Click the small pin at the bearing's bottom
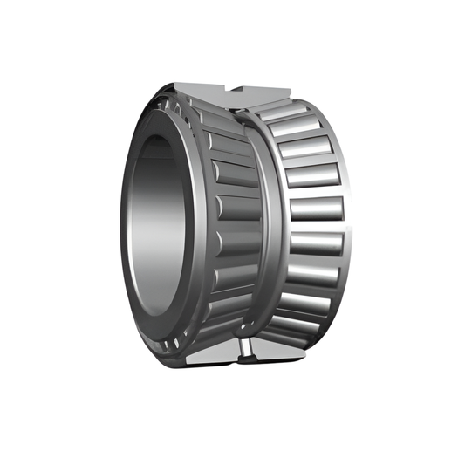246,350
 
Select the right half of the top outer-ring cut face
266,91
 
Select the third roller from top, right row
311,176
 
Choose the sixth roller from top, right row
311,277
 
